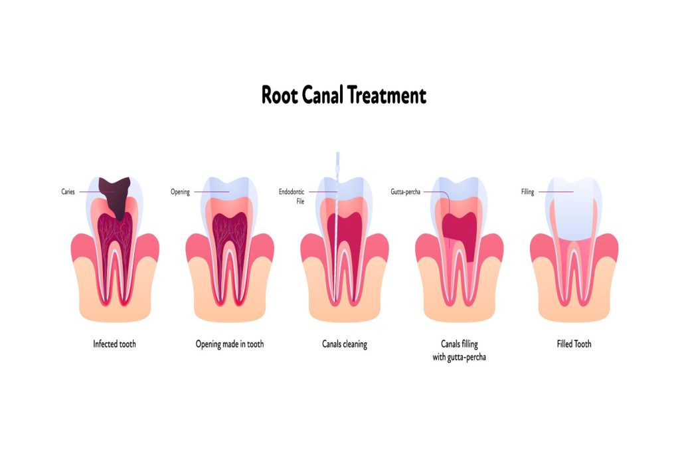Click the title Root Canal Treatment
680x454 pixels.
point(343,95)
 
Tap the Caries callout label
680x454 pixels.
point(68,192)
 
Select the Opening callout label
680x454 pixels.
point(180,192)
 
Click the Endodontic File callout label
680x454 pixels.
point(292,196)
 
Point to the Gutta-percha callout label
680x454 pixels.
point(405,192)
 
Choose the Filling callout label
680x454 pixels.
point(527,192)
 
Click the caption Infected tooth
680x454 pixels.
point(114,344)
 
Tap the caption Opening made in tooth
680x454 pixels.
point(229,344)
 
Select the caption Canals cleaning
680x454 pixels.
point(344,344)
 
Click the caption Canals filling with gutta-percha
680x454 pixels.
point(459,350)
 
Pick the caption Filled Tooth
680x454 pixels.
point(574,344)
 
